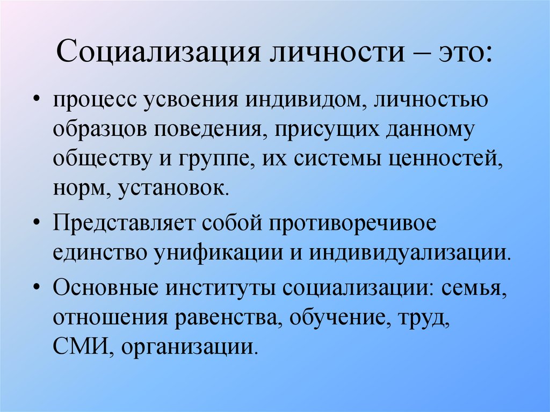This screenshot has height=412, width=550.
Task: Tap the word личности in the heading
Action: tap(337, 52)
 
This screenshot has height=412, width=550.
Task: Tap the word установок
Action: tap(173, 189)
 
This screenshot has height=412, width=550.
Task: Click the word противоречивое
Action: tap(352, 224)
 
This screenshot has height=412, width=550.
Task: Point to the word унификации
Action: tap(218, 252)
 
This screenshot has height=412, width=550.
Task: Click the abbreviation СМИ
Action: tap(83, 346)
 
